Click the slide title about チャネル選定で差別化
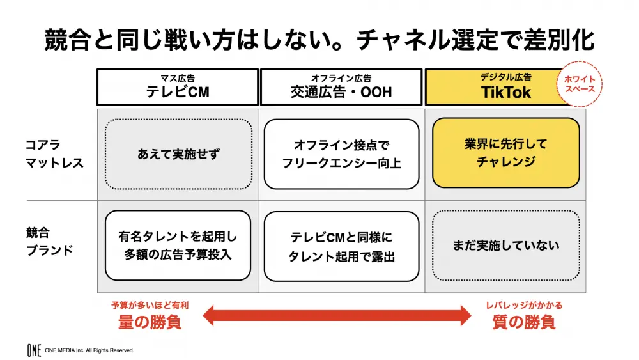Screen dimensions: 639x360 coord(319,40)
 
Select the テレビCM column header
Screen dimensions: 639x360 coord(178,87)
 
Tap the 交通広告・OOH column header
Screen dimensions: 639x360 coord(341,87)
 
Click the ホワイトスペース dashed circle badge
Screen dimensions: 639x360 coord(580,84)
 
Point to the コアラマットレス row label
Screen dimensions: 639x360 coord(54,153)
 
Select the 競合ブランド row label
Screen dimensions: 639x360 coord(49,241)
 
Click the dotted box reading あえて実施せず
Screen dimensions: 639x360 coord(178,154)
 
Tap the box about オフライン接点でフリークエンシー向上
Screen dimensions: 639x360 coord(341,154)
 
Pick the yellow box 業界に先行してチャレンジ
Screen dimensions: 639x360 coord(505,153)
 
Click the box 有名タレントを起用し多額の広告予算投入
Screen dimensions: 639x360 coord(178,246)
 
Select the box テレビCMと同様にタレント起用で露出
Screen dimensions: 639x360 coord(341,246)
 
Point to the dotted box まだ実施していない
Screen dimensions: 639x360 coord(505,246)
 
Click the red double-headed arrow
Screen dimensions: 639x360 coord(337,316)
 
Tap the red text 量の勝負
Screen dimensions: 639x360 coord(150,322)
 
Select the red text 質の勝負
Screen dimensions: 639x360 coord(524,322)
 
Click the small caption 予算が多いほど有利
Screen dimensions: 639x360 coord(150,306)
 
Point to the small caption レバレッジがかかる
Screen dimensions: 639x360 coord(524,306)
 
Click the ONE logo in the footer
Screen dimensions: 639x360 coord(35,350)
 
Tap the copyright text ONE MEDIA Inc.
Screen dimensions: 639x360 coord(89,350)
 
